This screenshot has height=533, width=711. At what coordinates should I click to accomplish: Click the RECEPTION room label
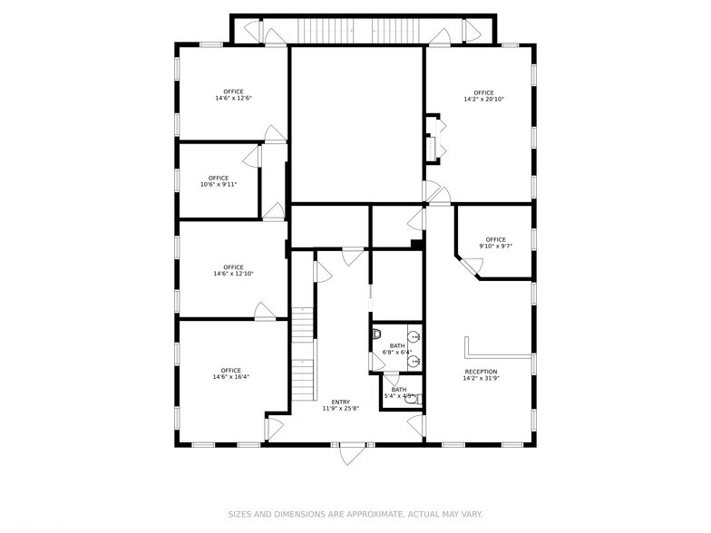481,372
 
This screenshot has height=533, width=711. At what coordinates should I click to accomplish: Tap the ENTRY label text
340,402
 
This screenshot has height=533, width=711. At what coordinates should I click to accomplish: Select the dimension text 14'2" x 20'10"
482,99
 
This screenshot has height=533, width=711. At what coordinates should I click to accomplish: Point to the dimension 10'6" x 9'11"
218,185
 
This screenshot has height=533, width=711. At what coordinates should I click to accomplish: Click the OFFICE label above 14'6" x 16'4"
230,370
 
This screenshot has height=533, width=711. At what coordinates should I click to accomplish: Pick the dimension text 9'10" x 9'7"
494,246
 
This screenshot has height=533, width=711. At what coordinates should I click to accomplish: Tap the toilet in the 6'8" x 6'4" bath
376,334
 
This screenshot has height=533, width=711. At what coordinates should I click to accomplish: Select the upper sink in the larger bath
415,337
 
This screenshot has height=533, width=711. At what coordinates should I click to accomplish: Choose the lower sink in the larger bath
415,360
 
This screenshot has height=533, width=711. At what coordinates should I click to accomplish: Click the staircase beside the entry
303,358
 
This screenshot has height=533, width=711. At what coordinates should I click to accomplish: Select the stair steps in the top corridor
336,31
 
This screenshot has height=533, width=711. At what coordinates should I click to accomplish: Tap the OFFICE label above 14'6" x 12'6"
233,92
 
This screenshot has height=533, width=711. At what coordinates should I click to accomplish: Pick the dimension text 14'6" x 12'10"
233,274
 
